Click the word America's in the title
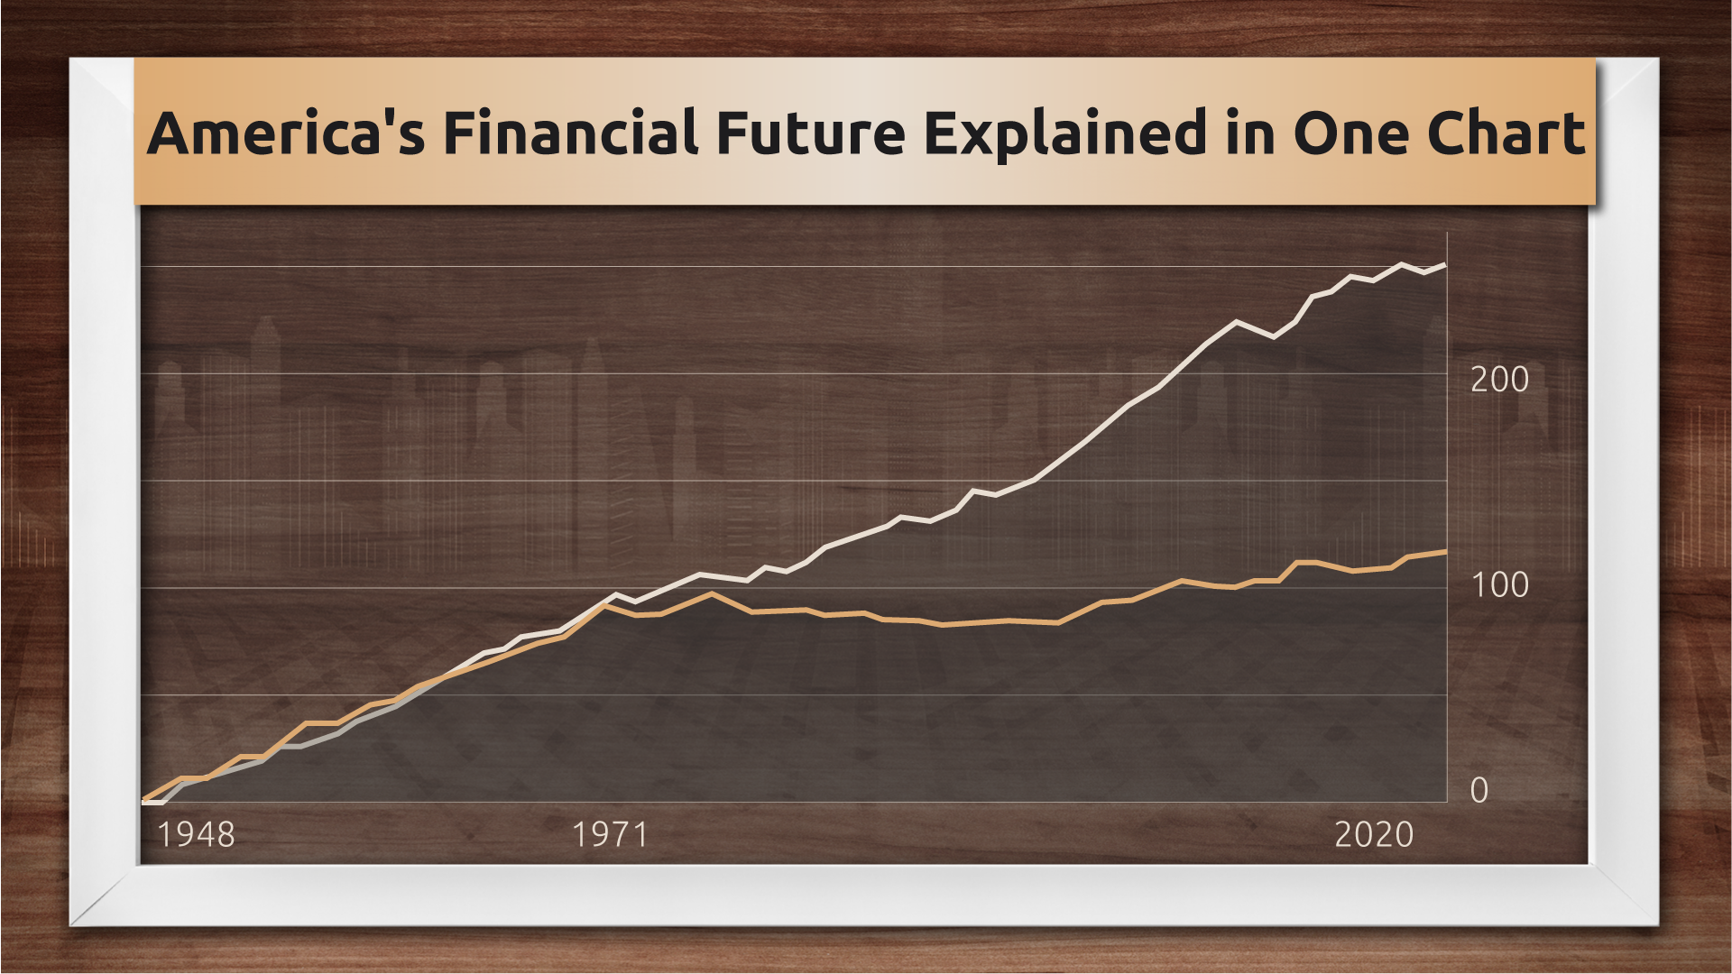pos(286,133)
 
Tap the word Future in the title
pos(811,133)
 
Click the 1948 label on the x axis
pos(197,835)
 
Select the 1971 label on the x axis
pos(611,835)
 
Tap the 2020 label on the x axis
pos(1374,835)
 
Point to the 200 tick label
pos(1499,380)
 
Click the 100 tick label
pos(1499,585)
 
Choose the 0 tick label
pos(1479,791)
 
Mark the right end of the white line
pos(1446,265)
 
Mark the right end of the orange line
pos(1446,551)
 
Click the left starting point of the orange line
pos(144,800)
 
